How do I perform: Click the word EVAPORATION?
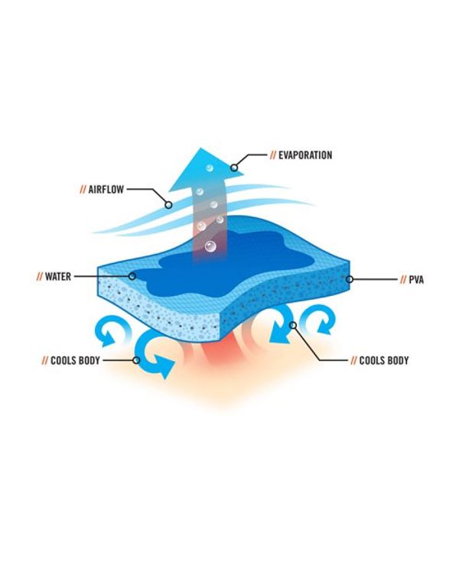click(x=305, y=155)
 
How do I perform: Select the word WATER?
click(x=60, y=276)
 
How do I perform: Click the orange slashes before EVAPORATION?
click(x=272, y=155)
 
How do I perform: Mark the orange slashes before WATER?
click(x=38, y=276)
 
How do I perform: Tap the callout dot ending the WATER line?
click(x=132, y=276)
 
